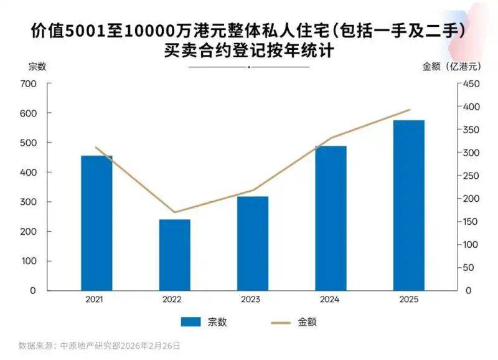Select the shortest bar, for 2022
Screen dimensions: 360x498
174,255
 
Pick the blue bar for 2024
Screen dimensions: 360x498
331,218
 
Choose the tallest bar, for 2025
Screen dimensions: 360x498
408,206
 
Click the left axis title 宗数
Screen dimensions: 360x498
37,66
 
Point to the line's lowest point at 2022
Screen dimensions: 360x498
174,212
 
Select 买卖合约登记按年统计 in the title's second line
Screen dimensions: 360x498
248,51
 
